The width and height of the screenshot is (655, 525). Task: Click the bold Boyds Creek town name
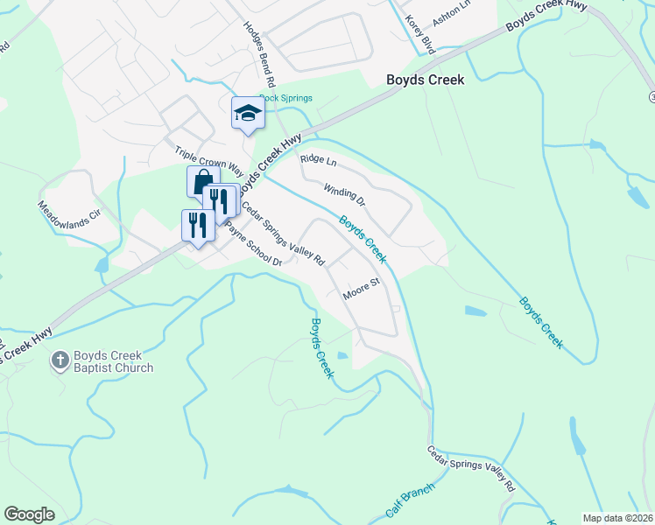pos(426,80)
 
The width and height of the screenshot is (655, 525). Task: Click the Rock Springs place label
pos(285,98)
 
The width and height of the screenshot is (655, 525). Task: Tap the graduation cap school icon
pos(248,113)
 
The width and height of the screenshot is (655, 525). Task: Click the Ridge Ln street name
pos(318,160)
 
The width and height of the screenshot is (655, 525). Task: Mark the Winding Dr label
pos(343,195)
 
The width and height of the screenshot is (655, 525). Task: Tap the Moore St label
pos(359,289)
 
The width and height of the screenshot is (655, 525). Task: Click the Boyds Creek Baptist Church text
pos(114,362)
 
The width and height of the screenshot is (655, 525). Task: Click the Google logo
pos(31,514)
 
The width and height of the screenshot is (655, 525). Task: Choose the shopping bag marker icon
pos(201,181)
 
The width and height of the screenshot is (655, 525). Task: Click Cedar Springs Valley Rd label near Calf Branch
pos(471,469)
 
